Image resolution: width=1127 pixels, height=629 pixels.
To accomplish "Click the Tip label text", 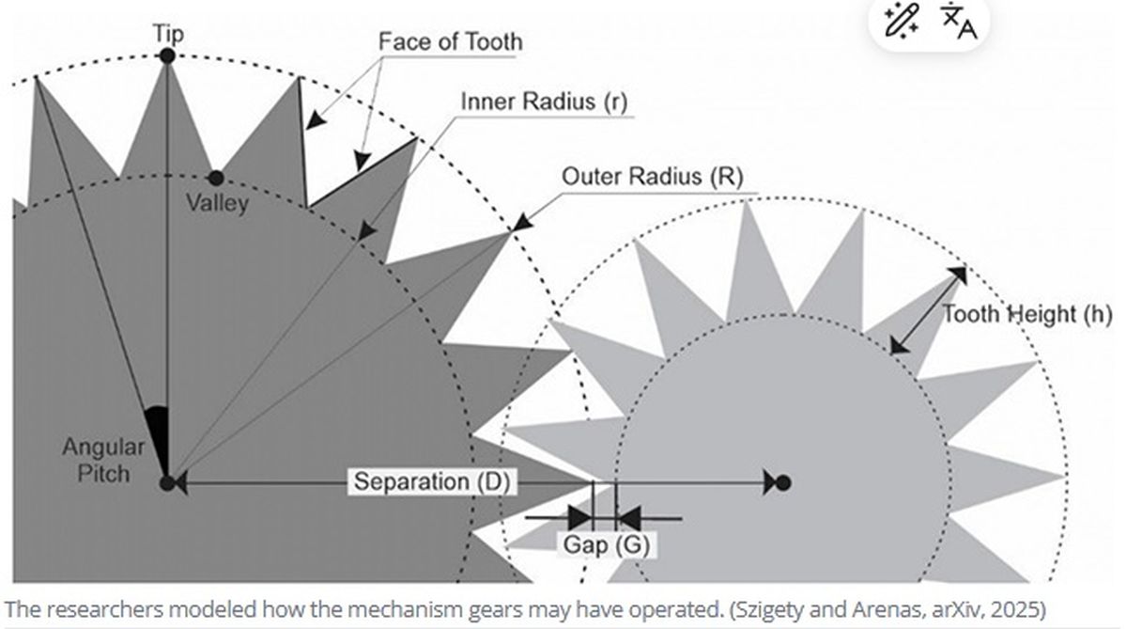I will click(x=169, y=35).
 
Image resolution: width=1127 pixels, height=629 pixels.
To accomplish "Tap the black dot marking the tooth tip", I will click(x=167, y=56).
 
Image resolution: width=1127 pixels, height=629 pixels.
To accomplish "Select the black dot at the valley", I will click(x=216, y=178).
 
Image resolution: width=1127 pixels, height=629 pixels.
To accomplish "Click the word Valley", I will click(x=217, y=202).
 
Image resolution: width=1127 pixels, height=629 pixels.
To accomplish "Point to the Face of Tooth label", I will click(x=450, y=42).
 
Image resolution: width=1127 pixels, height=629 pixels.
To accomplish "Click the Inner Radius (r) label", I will click(x=543, y=102).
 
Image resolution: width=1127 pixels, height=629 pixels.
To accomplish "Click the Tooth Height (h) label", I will click(x=1027, y=314).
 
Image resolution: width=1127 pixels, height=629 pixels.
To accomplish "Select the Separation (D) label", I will click(x=431, y=482).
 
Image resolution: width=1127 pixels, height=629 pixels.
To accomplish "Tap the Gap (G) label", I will click(x=606, y=544).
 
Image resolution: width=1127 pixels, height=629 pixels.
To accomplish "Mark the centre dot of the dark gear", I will click(x=167, y=483).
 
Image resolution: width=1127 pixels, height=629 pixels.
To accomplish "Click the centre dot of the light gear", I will click(x=783, y=483).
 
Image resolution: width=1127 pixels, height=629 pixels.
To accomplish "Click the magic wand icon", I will click(x=903, y=21).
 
